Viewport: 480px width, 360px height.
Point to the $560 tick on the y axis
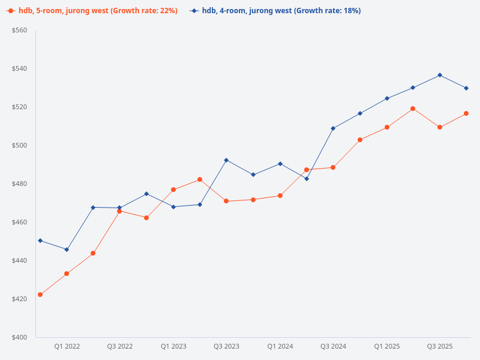click(20, 30)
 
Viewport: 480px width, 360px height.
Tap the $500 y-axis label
click(20, 145)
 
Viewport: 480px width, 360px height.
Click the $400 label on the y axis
click(20, 337)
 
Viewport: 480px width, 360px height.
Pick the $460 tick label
click(20, 222)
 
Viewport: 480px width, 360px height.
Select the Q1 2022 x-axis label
click(67, 346)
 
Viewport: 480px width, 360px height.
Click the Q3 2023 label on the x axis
click(226, 346)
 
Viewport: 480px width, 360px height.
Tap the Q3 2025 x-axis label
click(440, 346)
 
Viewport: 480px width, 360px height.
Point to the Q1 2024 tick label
click(280, 346)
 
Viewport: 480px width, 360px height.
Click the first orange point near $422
click(40, 295)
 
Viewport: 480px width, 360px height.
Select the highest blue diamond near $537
click(440, 75)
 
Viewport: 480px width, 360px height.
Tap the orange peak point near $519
click(413, 109)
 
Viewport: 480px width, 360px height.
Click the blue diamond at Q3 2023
click(226, 160)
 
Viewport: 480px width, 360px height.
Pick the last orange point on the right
click(466, 113)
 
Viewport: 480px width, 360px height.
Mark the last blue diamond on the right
click(466, 88)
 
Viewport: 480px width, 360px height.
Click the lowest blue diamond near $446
click(67, 250)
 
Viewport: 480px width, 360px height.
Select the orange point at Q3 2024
click(333, 167)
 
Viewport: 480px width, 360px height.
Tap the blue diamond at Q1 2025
click(386, 98)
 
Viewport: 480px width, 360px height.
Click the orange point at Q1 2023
click(173, 190)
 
